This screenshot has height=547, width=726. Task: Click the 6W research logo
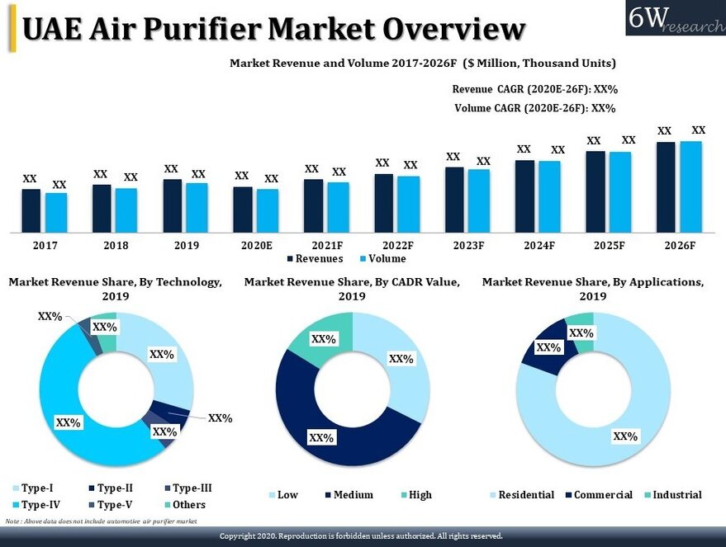click(675, 17)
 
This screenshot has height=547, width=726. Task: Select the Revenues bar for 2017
click(31, 210)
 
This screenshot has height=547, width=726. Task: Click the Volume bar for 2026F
click(690, 186)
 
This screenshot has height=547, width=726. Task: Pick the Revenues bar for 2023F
click(453, 200)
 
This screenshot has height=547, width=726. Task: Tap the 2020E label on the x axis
click(256, 246)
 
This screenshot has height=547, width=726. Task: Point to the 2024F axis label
click(539, 246)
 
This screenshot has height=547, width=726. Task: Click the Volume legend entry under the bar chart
click(381, 259)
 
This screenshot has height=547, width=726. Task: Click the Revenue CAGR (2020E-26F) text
click(535, 90)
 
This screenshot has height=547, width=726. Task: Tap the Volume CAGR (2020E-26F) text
click(535, 108)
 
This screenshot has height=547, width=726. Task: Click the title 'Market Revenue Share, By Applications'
click(592, 282)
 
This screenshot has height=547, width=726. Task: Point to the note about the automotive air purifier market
click(102, 521)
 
